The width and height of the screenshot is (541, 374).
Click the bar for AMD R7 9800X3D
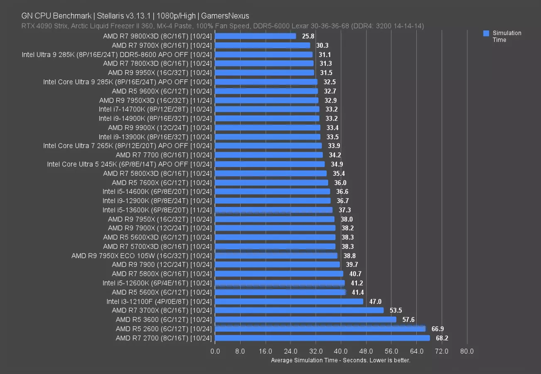tap(256, 36)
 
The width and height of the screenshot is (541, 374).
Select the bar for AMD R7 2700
tap(322, 338)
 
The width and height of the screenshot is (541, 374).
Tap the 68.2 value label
tap(442, 338)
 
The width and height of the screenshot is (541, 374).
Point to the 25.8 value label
tap(308, 36)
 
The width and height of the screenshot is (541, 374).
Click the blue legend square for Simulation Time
tap(486, 33)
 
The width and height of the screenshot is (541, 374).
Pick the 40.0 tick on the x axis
tap(341, 352)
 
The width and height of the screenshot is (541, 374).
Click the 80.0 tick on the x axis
tap(467, 352)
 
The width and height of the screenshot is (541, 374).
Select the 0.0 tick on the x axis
tap(215, 352)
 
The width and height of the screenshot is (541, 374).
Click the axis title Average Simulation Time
tap(341, 360)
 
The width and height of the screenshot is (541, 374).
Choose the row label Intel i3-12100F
tap(159, 302)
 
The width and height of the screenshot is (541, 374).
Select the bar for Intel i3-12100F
tap(289, 302)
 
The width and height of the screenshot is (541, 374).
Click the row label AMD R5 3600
tap(163, 320)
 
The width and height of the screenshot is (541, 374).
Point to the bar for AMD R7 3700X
tap(299, 311)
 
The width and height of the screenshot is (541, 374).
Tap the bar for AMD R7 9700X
tap(263, 45)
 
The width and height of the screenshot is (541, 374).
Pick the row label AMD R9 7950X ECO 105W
tap(142, 256)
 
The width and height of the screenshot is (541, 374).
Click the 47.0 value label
tap(375, 302)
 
